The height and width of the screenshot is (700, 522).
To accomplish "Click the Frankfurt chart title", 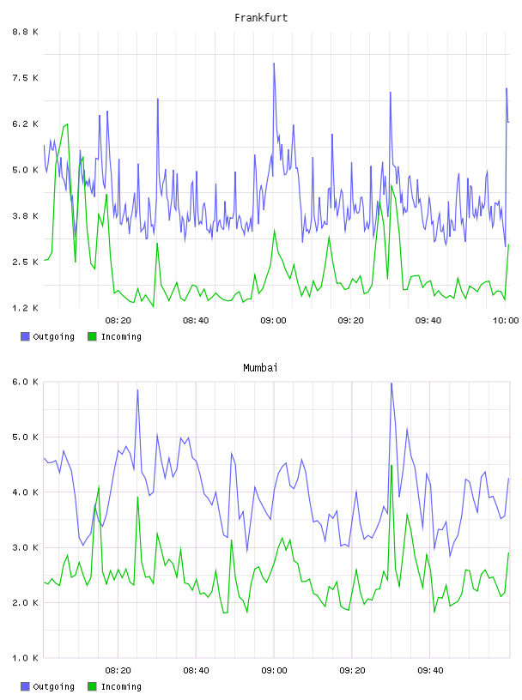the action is point(261,18).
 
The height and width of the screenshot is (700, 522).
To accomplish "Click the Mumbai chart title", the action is point(260,368).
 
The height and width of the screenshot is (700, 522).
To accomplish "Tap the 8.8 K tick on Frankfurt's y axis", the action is point(25,32).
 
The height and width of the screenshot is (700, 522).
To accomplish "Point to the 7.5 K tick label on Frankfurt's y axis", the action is point(25,78).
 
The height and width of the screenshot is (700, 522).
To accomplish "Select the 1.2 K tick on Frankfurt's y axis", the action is point(25,308).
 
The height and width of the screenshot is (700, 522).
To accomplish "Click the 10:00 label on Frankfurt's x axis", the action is point(506,320).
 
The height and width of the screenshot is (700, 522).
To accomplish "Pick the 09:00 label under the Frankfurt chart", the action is point(274,320).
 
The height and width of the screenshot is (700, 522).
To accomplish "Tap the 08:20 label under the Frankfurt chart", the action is point(118,320).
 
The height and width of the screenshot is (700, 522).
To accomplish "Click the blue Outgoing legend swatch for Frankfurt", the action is point(25,336).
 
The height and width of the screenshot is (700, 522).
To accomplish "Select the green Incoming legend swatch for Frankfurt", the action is point(92,336).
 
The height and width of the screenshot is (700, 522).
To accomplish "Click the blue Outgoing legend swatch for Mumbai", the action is point(25,686).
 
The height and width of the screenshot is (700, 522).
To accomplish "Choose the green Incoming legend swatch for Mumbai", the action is point(92,686).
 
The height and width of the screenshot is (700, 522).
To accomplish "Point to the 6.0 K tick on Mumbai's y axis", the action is point(25,382).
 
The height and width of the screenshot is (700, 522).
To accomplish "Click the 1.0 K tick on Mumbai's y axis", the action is point(25,658).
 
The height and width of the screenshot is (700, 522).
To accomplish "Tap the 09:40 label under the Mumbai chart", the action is point(430,670).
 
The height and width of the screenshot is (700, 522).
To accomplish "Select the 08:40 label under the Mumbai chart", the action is point(197,670).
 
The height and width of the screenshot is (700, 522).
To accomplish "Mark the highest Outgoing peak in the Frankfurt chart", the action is point(274,63).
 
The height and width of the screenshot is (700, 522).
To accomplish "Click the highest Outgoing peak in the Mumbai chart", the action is point(391,383).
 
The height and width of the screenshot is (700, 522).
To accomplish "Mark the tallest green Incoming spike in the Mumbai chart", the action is point(391,465).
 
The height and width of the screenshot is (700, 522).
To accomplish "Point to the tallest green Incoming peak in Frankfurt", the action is point(67,124).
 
